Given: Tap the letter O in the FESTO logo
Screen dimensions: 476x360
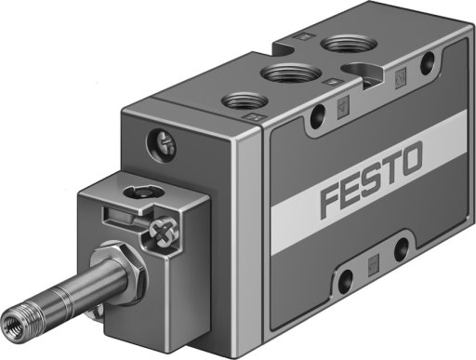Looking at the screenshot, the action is tap(410, 158).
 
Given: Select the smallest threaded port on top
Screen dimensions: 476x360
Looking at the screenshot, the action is tap(244, 100).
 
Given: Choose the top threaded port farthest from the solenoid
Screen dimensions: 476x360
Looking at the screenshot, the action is tap(349, 44).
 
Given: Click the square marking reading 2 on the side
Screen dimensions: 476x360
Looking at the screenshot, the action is tap(401, 78).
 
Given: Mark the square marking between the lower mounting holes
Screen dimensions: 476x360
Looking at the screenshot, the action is tap(373, 265).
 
